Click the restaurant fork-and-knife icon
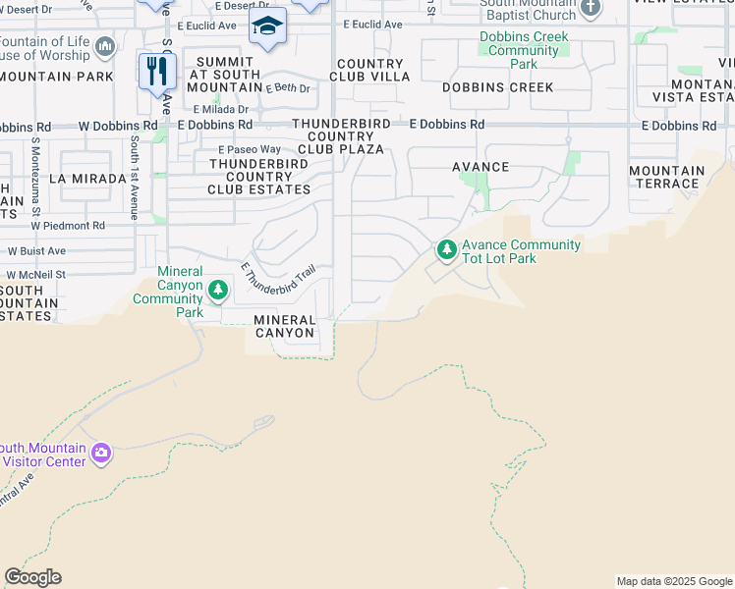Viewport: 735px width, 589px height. [157, 71]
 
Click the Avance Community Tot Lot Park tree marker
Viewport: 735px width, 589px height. [447, 251]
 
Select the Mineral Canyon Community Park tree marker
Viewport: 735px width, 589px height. [218, 291]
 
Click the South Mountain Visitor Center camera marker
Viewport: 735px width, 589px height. [101, 454]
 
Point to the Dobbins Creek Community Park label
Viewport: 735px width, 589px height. [524, 50]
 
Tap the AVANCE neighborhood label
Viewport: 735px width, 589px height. [481, 167]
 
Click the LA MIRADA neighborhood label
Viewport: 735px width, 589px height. [87, 179]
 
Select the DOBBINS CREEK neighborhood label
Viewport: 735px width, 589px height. [498, 87]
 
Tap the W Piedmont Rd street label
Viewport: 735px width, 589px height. [68, 225]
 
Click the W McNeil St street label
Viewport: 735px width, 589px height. [35, 275]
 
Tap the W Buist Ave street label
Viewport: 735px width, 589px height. [34, 250]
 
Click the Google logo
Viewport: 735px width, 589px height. [32, 577]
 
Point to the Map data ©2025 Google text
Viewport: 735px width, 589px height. [673, 581]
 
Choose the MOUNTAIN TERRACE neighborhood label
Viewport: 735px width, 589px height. [667, 177]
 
